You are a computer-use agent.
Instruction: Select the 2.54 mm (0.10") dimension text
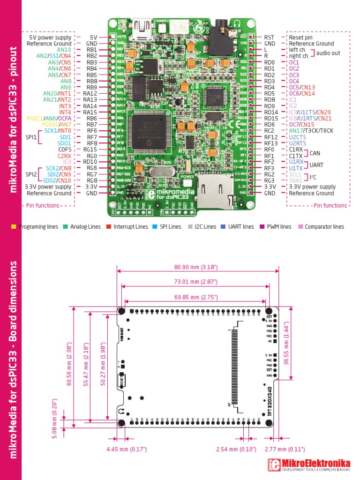coord(237,450)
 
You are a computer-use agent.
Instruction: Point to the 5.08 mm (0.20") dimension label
coord(54,418)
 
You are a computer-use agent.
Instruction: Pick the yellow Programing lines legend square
coord(14,227)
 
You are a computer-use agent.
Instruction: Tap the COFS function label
coord(64,150)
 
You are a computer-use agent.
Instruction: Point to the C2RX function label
coord(65,156)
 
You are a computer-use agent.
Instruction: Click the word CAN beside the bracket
coord(315,153)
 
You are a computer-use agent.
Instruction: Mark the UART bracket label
coord(317,165)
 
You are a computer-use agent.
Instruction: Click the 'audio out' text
coord(328,53)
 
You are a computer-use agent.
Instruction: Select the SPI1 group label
coord(31,137)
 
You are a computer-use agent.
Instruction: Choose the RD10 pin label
coord(90,162)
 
